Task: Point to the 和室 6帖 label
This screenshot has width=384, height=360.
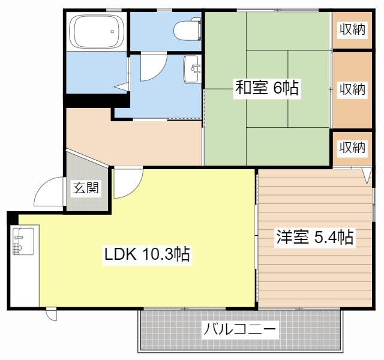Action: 266,89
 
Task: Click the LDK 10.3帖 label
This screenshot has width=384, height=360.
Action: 147,255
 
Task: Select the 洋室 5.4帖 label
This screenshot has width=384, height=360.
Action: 314,238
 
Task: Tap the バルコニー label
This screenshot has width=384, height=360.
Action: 240,329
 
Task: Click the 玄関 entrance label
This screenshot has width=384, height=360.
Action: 86,188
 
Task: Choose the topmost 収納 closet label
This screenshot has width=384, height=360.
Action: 352,29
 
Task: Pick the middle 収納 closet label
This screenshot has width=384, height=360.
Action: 352,89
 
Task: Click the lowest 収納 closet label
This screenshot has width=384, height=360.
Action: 352,147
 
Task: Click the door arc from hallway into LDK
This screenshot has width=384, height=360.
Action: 128,184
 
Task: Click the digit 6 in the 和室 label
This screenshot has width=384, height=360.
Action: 277,89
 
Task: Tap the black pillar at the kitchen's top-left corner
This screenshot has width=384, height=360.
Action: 13,218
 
